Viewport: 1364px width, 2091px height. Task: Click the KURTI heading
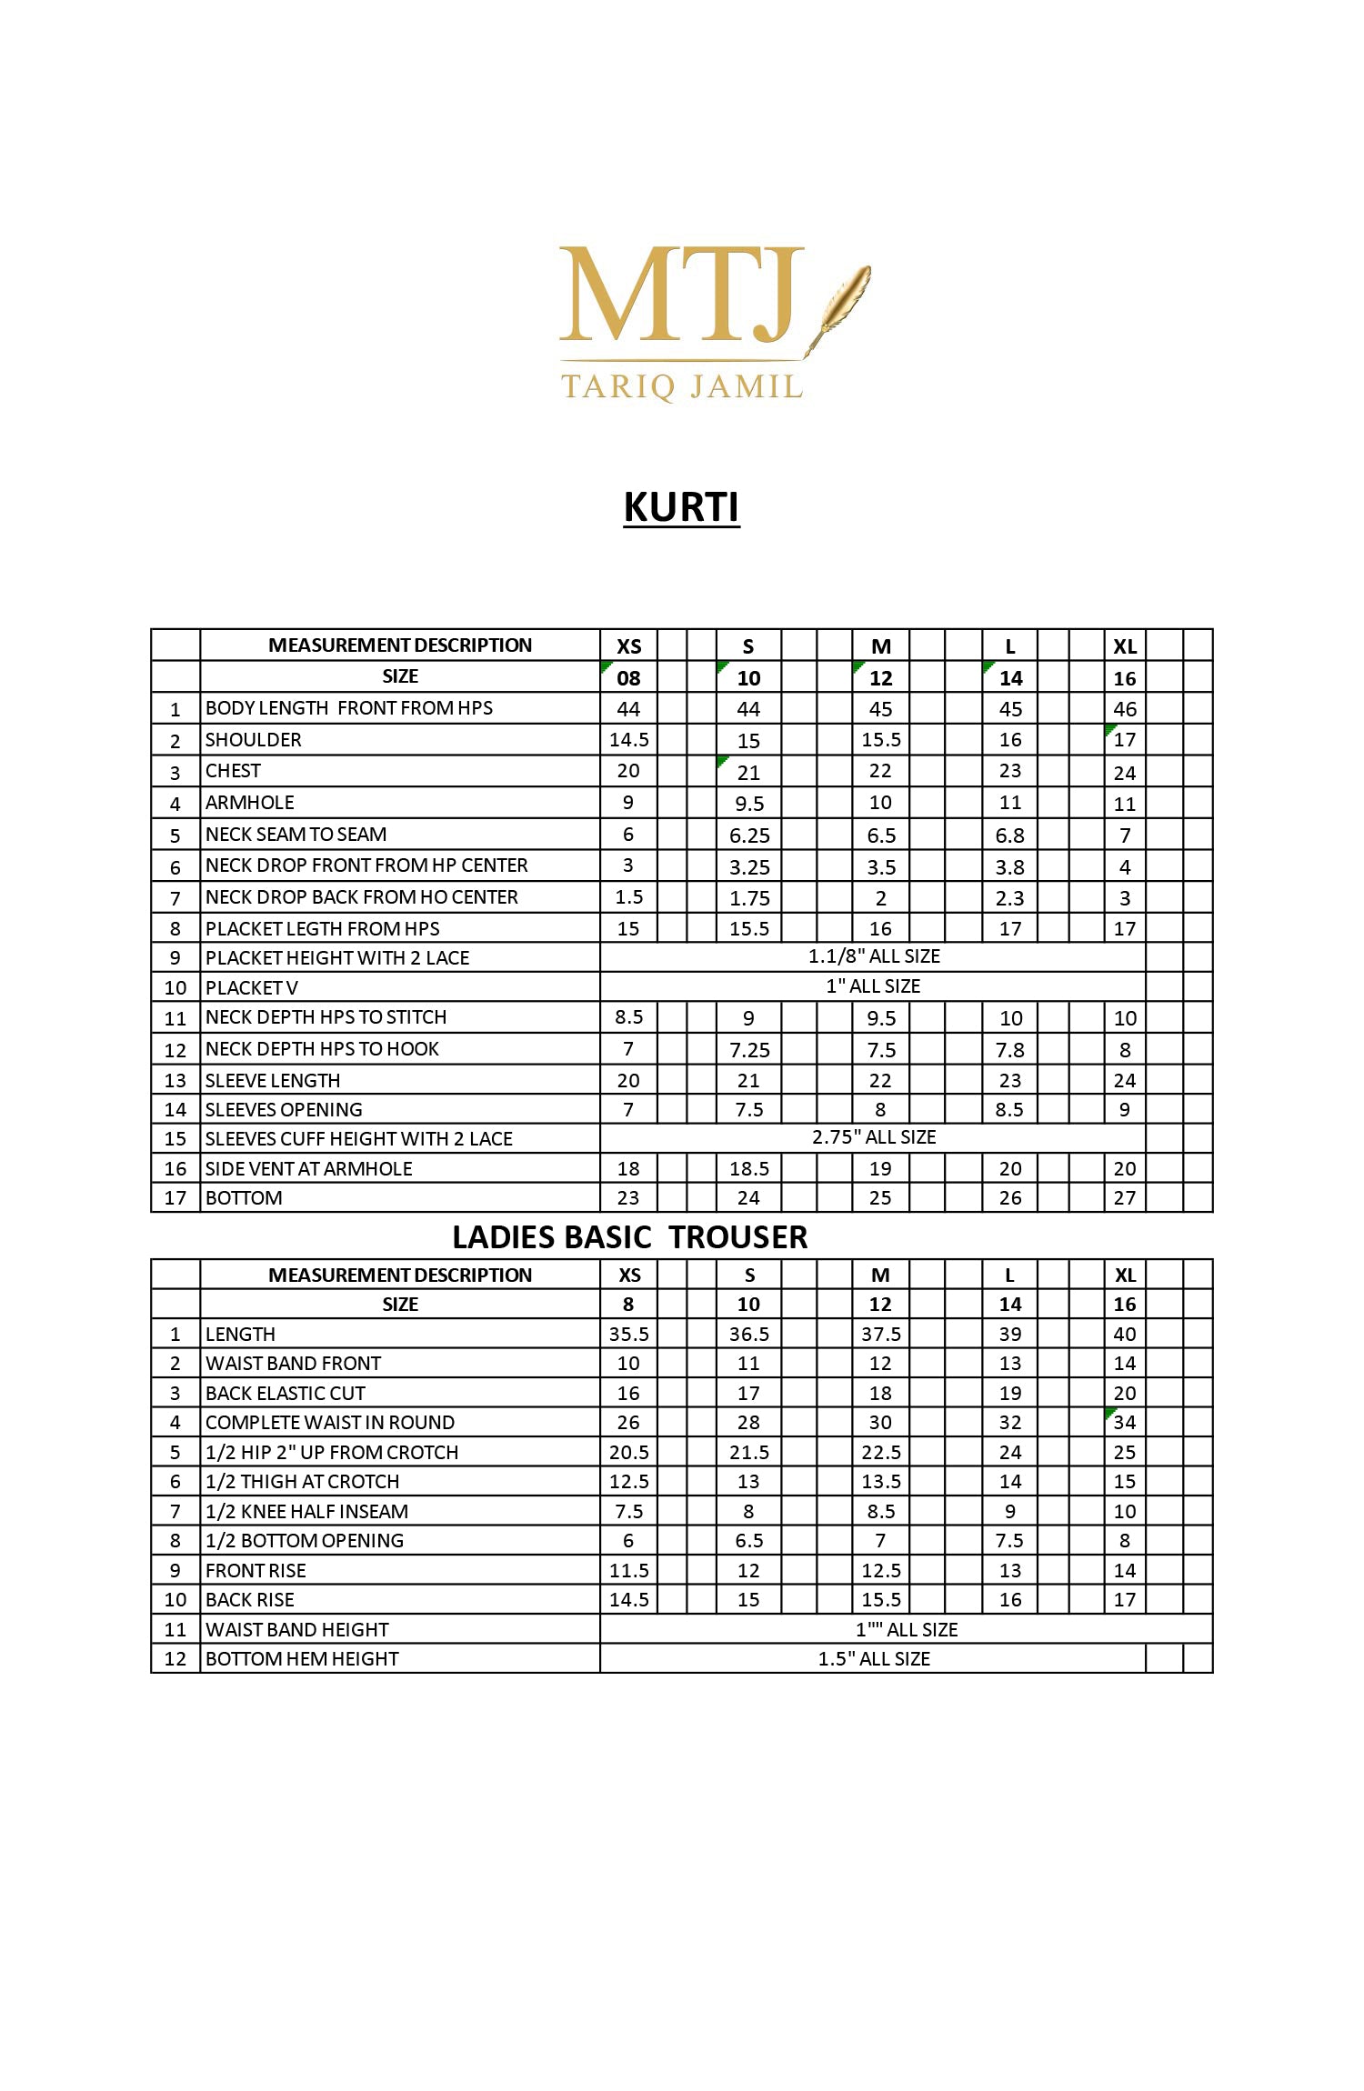click(681, 506)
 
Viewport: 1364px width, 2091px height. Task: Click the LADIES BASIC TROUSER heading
click(629, 1236)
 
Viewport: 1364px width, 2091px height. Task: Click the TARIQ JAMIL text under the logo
click(682, 386)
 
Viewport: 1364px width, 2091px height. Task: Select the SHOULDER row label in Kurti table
click(254, 740)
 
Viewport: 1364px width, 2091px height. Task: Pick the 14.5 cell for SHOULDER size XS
click(628, 740)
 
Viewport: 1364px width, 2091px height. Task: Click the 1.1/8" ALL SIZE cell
click(873, 956)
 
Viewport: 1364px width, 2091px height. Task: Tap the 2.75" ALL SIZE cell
click(873, 1137)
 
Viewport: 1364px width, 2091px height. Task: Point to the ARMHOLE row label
click(250, 803)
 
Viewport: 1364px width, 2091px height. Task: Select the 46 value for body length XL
click(1125, 709)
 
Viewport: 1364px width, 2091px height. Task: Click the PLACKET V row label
click(252, 988)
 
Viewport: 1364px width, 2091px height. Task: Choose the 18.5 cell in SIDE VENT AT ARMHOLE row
click(748, 1169)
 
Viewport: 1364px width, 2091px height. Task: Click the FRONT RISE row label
click(256, 1571)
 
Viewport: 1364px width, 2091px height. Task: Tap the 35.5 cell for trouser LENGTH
click(628, 1335)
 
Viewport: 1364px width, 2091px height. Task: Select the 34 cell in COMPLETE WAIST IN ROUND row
click(1125, 1423)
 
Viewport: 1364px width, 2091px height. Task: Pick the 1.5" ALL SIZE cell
click(873, 1659)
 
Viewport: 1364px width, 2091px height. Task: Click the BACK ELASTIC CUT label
click(286, 1394)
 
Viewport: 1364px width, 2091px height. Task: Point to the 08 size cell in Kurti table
click(628, 678)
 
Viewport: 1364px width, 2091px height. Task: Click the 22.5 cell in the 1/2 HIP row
click(880, 1453)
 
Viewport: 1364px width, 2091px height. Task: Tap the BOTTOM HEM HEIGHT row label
click(302, 1659)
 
